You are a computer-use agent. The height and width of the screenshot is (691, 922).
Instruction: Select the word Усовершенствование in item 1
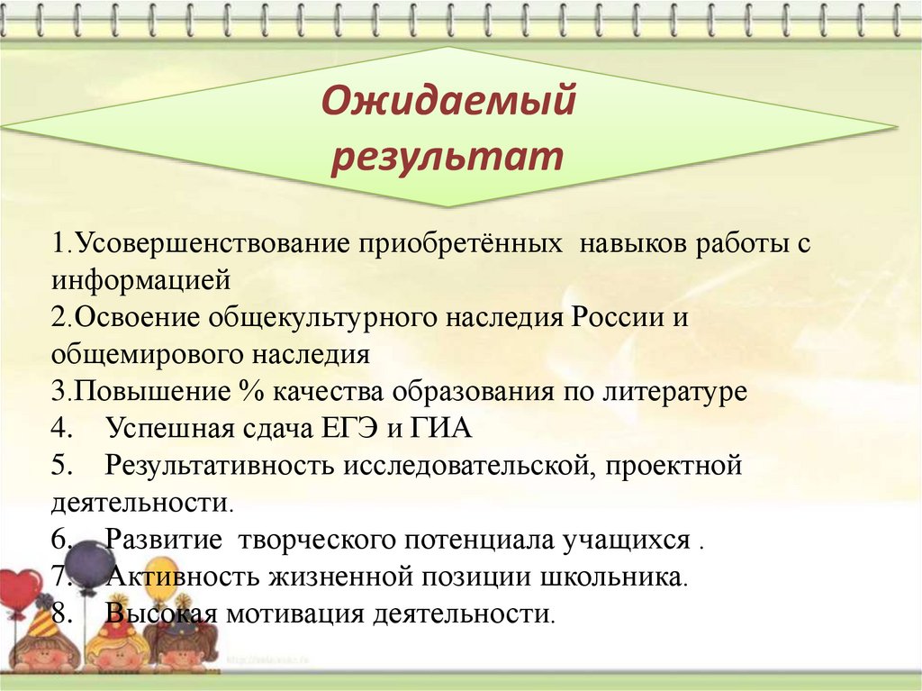click(x=212, y=243)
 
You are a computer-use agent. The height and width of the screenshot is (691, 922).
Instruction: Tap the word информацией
click(x=140, y=281)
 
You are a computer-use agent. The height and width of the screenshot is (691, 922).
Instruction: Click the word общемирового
click(x=147, y=355)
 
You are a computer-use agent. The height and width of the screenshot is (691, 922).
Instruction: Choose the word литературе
click(x=674, y=392)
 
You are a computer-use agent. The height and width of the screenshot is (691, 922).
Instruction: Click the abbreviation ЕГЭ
click(x=349, y=429)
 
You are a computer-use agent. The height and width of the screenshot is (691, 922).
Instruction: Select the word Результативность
click(x=221, y=466)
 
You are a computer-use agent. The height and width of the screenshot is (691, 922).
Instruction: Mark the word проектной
click(x=673, y=466)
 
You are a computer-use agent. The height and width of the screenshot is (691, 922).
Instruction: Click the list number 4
click(x=60, y=429)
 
